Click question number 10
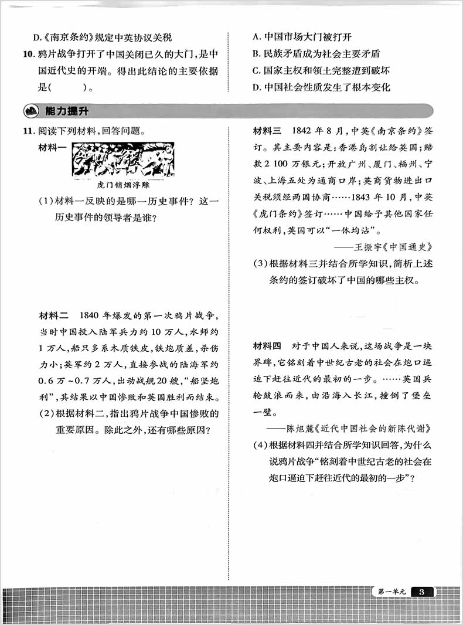pyautogui.click(x=29, y=55)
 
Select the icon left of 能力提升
pyautogui.click(x=29, y=111)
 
